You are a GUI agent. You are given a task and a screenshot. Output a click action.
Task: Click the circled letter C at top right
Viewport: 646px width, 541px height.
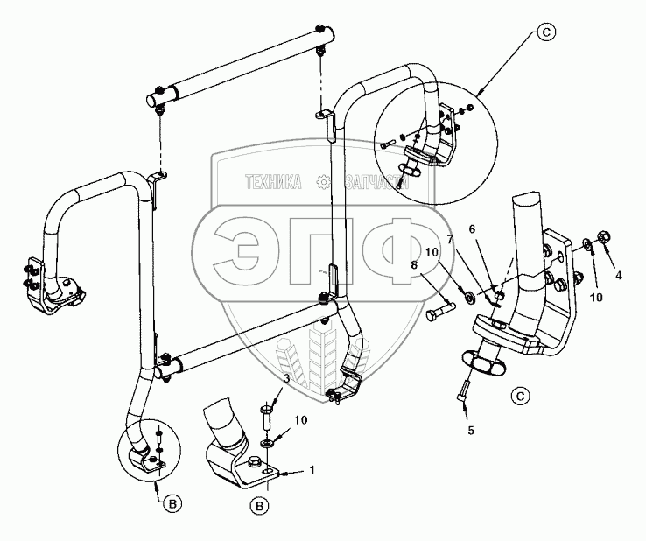coord(545,34)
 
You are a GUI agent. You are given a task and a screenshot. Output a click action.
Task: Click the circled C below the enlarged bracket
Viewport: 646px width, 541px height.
coord(520,397)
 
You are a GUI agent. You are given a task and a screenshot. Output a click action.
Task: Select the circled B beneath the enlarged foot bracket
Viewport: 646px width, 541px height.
coord(258,505)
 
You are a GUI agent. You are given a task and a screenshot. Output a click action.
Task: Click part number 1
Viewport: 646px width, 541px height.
coord(311,471)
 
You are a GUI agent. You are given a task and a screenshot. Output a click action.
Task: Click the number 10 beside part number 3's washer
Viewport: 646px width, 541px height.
coord(299,420)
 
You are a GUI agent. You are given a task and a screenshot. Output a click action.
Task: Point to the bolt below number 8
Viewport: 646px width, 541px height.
coord(439,311)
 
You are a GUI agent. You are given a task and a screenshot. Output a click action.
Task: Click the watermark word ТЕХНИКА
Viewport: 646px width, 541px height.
coord(274,182)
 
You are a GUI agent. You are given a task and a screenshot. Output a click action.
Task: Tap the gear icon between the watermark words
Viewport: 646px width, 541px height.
coord(324,182)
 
